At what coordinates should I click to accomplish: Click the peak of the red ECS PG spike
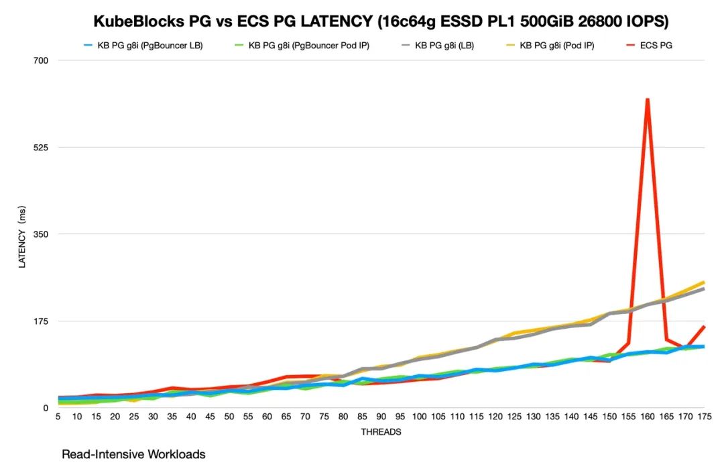[x=647, y=99]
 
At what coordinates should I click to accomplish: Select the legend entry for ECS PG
[x=655, y=46]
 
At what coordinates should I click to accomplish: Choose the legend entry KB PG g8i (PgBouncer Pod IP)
[x=308, y=46]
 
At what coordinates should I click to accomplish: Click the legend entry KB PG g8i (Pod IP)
[x=556, y=46]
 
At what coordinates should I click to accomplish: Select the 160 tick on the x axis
[x=647, y=417]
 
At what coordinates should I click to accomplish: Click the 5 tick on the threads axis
[x=58, y=417]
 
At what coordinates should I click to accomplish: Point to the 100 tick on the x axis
[x=420, y=417]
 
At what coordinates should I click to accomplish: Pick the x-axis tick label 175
[x=703, y=417]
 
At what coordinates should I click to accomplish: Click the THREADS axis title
[x=381, y=432]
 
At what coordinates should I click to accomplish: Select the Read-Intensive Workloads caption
[x=133, y=454]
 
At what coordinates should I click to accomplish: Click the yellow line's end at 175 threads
[x=703, y=282]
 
